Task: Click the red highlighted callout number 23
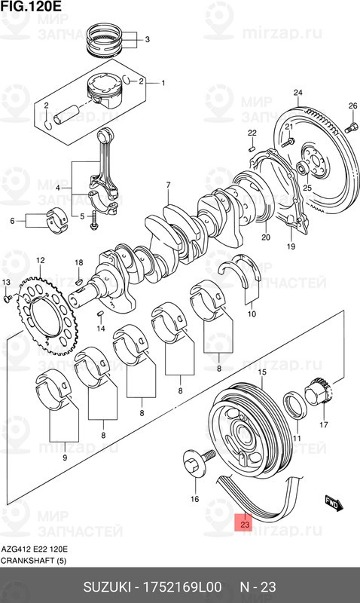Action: coord(245,524)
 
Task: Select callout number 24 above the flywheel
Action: coord(297,92)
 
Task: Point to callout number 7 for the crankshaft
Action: coord(168,185)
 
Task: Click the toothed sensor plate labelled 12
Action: coord(47,315)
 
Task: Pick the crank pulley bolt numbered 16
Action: coord(197,464)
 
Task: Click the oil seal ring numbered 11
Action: coord(294,405)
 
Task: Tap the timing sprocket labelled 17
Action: coord(318,390)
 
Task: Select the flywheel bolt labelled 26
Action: coord(351,127)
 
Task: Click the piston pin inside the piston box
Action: coord(66,114)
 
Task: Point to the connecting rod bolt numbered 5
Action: coord(93,220)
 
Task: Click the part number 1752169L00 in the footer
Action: coord(182,587)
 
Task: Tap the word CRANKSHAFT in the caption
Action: coord(28,561)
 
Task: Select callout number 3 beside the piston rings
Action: coord(147,39)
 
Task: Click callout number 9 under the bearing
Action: coord(65,458)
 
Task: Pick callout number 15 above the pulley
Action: coord(262,372)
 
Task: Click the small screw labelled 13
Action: coord(7,298)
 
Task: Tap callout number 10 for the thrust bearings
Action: coord(252,314)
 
